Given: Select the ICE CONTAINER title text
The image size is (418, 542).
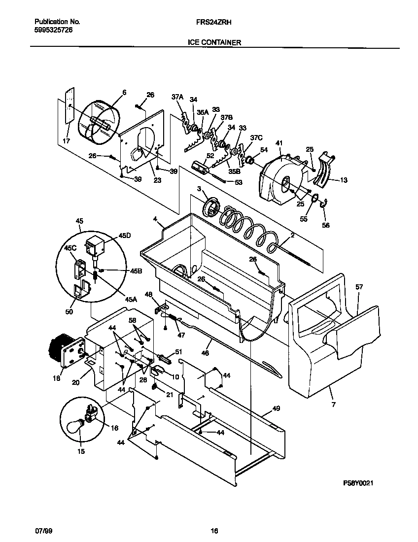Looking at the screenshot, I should pyautogui.click(x=214, y=42).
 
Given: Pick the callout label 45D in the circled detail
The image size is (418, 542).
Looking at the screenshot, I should pyautogui.click(x=111, y=236).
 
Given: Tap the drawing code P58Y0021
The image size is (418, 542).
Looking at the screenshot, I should pyautogui.click(x=361, y=484).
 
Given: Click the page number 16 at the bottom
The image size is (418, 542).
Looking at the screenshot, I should pyautogui.click(x=214, y=531).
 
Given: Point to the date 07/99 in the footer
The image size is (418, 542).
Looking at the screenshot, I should pyautogui.click(x=43, y=531).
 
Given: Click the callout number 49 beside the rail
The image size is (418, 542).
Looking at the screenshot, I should pyautogui.click(x=276, y=408).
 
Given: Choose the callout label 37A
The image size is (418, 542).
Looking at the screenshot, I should pyautogui.click(x=177, y=97).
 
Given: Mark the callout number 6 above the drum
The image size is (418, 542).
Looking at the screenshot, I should pyautogui.click(x=124, y=92).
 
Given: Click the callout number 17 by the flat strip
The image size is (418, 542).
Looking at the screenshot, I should pyautogui.click(x=67, y=141).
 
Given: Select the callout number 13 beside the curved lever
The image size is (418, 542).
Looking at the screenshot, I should pyautogui.click(x=344, y=180).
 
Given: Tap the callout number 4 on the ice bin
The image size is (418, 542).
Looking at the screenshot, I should pyautogui.click(x=155, y=218).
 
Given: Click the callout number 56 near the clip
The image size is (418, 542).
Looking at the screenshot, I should pyautogui.click(x=325, y=225).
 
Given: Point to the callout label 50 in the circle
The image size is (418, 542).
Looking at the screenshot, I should pyautogui.click(x=69, y=311).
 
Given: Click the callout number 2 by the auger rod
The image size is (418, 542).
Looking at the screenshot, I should pyautogui.click(x=292, y=236).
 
